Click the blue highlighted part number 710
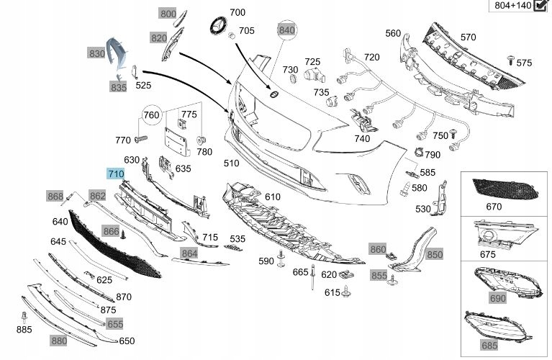tap(116, 174)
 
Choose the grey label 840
tap(287, 30)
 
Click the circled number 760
tap(151, 114)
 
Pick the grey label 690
tap(497, 298)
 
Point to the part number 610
tap(273, 197)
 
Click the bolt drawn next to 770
tap(140, 138)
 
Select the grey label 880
tap(59, 341)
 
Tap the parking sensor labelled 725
tap(313, 77)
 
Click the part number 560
tap(393, 33)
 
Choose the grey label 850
tap(435, 254)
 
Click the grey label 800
tap(168, 14)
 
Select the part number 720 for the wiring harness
tap(371, 57)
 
